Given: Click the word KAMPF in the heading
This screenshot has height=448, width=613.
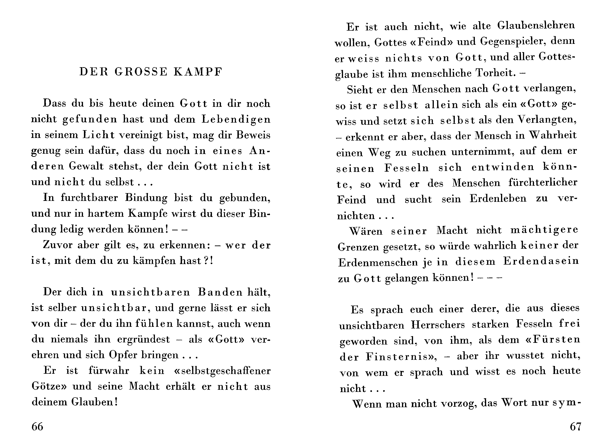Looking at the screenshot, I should pyautogui.click(x=198, y=72).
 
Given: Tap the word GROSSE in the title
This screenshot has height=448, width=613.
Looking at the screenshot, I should pyautogui.click(x=141, y=72).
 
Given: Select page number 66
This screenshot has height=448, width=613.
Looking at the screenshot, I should pyautogui.click(x=37, y=427).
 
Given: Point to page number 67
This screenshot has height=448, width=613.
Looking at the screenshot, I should pyautogui.click(x=575, y=427).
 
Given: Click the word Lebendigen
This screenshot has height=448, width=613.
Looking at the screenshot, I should pyautogui.click(x=236, y=120).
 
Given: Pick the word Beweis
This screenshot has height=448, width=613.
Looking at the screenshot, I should pyautogui.click(x=253, y=135).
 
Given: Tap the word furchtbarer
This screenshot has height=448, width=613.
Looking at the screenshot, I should pyautogui.click(x=89, y=198).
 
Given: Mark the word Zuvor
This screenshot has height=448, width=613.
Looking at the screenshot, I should pyautogui.click(x=58, y=245).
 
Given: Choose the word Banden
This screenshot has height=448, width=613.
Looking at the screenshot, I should pyautogui.click(x=220, y=292).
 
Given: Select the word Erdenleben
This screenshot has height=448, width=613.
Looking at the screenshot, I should pyautogui.click(x=498, y=199).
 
